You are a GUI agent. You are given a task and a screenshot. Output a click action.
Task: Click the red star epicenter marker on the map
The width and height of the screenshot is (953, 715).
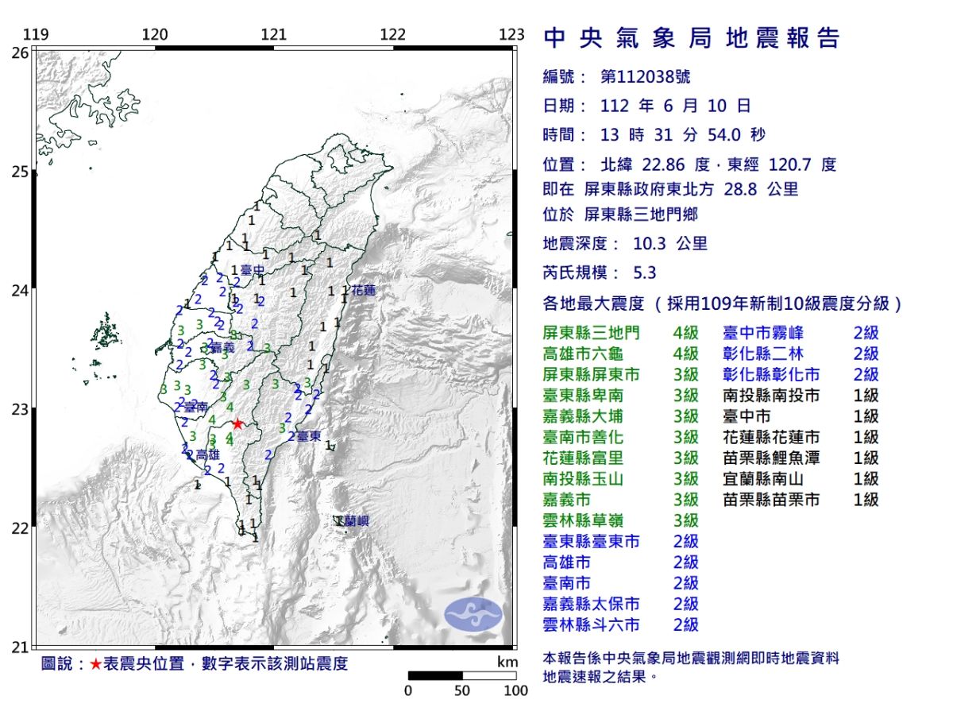[237, 424]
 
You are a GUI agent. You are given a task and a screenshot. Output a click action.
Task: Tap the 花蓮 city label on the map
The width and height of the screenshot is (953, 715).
[363, 291]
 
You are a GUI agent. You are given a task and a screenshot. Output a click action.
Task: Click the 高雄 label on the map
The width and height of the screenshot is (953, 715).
[206, 454]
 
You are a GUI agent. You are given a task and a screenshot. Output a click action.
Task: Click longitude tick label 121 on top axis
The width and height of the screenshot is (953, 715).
[274, 35]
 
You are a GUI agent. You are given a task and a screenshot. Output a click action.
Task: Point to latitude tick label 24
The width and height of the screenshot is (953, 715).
[21, 291]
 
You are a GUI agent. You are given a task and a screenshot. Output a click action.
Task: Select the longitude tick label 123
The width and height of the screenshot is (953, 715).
[512, 35]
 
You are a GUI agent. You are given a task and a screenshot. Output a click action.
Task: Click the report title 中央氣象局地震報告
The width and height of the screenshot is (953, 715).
[691, 38]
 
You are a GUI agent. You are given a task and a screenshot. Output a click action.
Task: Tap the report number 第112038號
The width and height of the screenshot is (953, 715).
[645, 77]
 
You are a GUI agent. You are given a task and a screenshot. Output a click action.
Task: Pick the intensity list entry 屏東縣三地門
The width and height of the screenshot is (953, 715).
[590, 333]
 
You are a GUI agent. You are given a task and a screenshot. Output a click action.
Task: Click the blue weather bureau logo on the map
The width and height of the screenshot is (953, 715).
[473, 613]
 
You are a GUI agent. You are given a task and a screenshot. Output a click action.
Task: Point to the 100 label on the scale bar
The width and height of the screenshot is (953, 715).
[516, 691]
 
